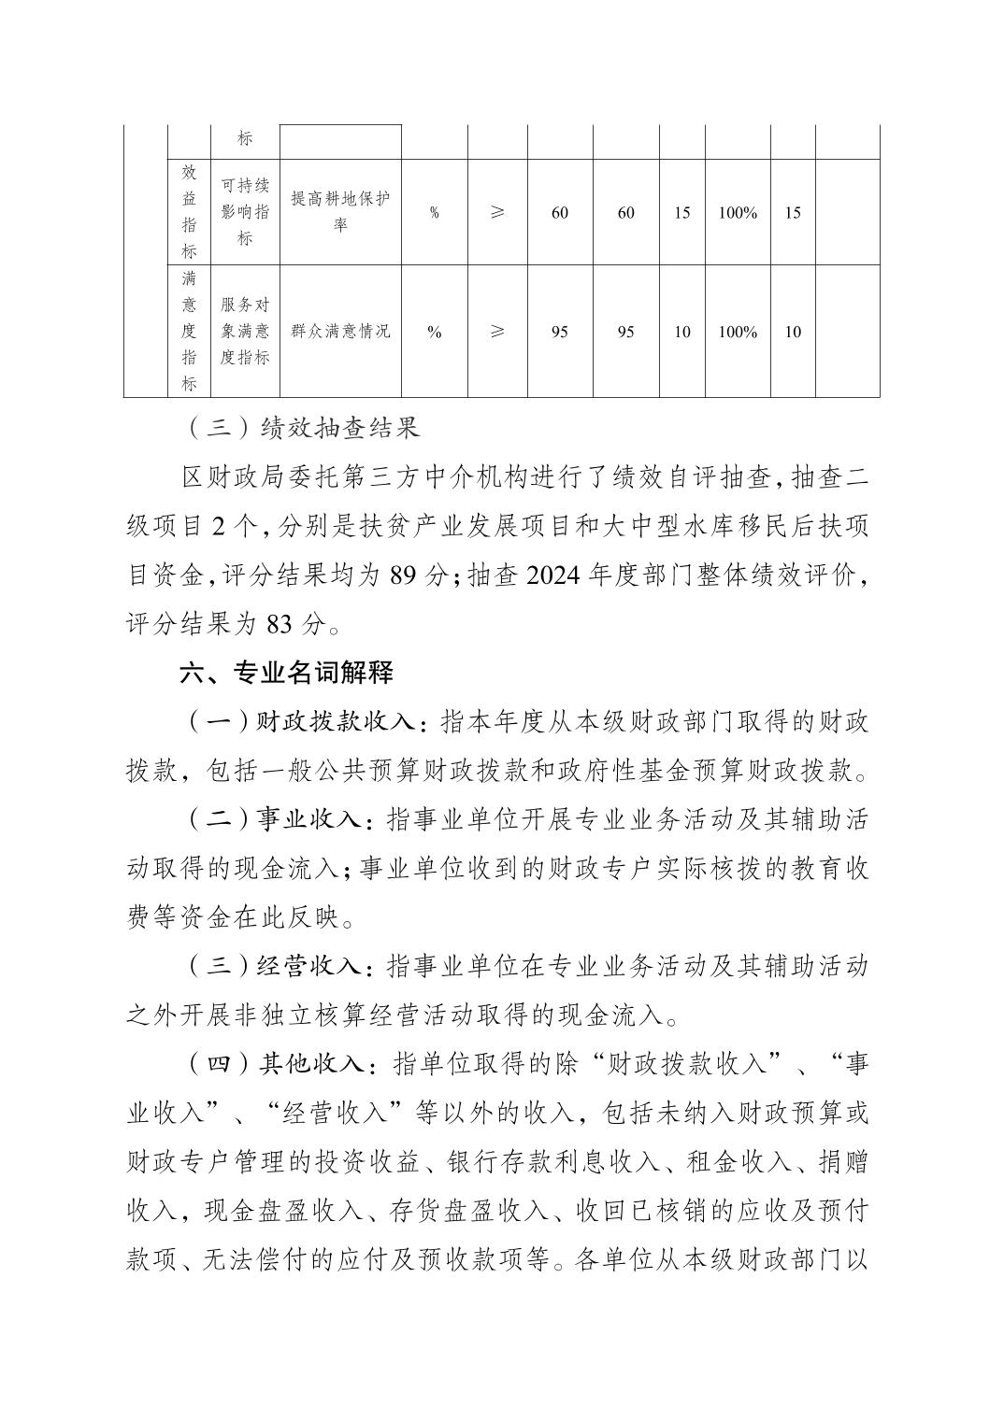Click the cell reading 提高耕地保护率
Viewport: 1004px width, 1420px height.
point(340,212)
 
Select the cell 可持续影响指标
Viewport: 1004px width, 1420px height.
point(245,212)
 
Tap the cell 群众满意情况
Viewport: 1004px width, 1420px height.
point(340,332)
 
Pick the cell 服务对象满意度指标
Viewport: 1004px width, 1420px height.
point(245,332)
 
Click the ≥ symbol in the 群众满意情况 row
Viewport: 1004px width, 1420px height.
point(497,332)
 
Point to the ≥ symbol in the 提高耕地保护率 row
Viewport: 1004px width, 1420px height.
point(497,212)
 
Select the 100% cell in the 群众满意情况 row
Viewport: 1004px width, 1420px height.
point(738,332)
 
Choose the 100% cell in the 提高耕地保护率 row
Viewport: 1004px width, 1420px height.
point(738,212)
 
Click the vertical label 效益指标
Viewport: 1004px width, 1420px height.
point(189,212)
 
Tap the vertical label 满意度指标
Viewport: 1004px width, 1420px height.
point(189,332)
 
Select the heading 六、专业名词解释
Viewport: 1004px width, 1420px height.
point(286,673)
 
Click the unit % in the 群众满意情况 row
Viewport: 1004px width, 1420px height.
point(435,332)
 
